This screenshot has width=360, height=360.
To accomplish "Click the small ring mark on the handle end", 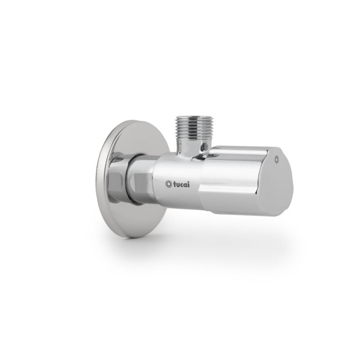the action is coord(277,159).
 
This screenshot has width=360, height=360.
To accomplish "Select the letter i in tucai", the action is coord(189,184).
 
